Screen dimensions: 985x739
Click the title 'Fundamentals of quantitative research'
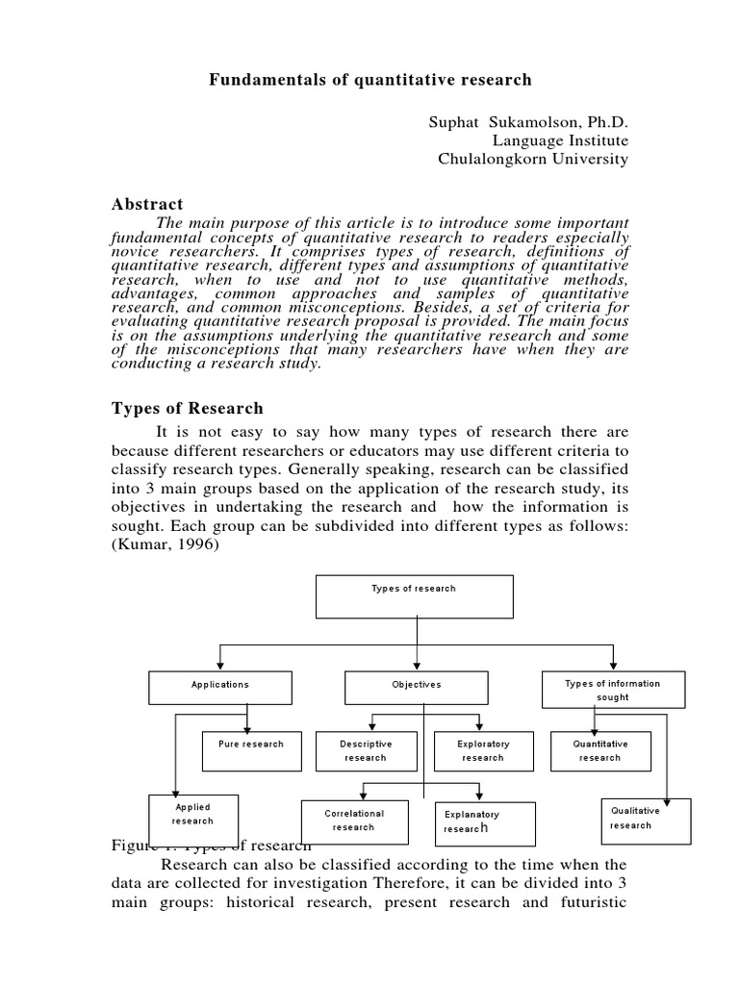tap(370, 79)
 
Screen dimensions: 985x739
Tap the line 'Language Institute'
tap(560, 141)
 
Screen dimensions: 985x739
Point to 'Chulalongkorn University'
tap(533, 160)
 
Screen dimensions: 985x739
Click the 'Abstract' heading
tap(147, 204)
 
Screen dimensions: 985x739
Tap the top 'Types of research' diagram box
tap(415, 596)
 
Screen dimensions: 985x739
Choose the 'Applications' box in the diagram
tap(220, 687)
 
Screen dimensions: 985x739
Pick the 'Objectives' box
tap(416, 687)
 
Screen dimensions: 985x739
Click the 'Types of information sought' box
tap(613, 690)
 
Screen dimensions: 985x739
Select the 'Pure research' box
tap(251, 751)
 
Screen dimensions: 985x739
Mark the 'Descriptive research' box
tap(366, 751)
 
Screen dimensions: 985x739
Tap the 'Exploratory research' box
tap(482, 751)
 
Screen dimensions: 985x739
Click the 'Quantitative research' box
tap(599, 751)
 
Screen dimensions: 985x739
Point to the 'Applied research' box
tap(192, 815)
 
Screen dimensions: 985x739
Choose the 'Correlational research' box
tap(354, 821)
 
